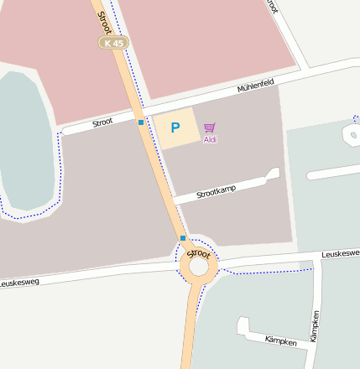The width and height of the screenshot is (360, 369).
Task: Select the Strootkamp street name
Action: coord(216,190)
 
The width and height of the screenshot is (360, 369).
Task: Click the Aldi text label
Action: coord(210,139)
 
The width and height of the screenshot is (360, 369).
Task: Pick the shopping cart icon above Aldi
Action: coord(209,127)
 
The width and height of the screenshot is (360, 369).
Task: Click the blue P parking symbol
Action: coord(175,128)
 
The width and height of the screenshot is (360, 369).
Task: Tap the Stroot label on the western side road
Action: coord(102,122)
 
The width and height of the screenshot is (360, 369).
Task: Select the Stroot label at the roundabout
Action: coord(199,252)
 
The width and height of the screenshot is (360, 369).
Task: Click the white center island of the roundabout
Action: coord(198,267)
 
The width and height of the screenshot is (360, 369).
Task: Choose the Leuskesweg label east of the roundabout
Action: coord(339,252)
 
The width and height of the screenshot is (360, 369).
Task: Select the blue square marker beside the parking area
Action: coord(141,122)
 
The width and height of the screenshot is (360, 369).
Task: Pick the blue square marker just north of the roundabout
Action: coord(183,238)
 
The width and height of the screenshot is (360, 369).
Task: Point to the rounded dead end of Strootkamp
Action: coord(272,174)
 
